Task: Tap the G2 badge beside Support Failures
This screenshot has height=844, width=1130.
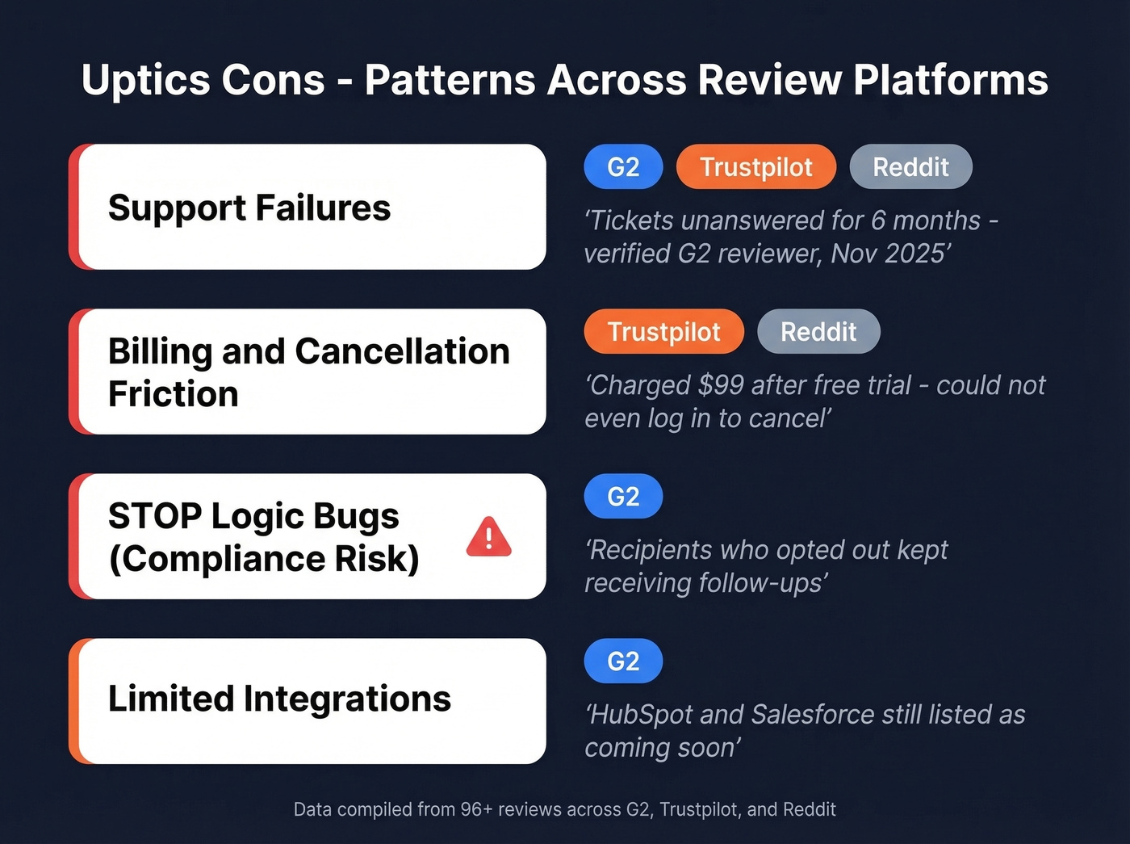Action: pyautogui.click(x=623, y=167)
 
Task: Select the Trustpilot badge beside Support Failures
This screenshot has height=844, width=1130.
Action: pyautogui.click(x=755, y=167)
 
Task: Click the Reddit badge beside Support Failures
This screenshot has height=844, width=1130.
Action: pyautogui.click(x=910, y=167)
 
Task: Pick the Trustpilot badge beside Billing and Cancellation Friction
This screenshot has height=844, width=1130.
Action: pyautogui.click(x=663, y=332)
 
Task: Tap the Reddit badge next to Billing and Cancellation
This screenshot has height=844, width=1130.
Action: pyautogui.click(x=818, y=332)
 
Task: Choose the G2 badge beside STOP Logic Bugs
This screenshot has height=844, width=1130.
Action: pyautogui.click(x=623, y=497)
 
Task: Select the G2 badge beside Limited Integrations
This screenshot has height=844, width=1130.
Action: pyautogui.click(x=623, y=661)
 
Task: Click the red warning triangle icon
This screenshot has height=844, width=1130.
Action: pyautogui.click(x=488, y=538)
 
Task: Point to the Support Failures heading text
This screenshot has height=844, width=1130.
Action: pyautogui.click(x=249, y=208)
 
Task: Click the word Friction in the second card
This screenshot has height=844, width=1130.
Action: pyautogui.click(x=174, y=395)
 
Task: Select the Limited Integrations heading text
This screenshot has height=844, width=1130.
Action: pyautogui.click(x=279, y=699)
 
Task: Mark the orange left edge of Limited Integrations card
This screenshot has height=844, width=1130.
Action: pyautogui.click(x=74, y=701)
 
